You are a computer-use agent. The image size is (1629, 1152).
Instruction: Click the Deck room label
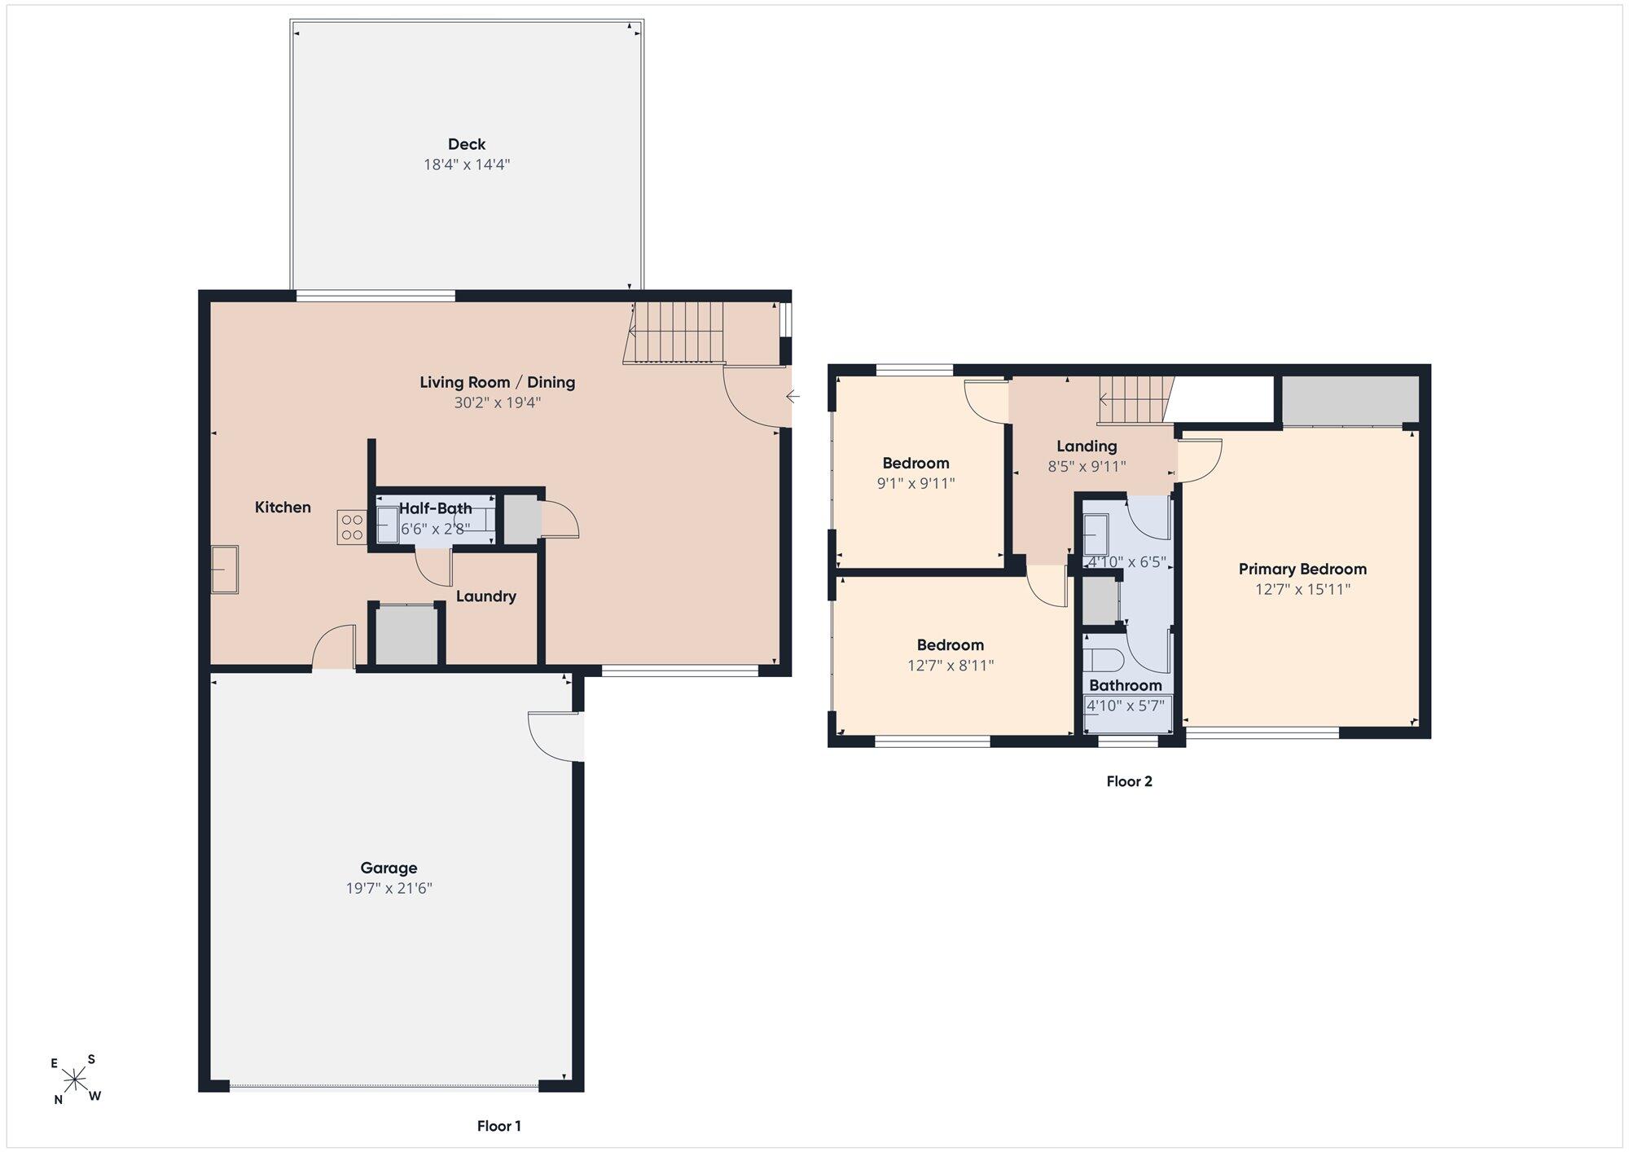[467, 144]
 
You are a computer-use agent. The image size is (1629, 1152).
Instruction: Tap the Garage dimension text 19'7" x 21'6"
[389, 888]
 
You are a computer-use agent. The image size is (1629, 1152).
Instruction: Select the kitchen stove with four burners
[352, 527]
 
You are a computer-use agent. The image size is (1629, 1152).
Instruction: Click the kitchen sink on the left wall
[225, 569]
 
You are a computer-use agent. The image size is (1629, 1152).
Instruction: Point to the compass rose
[75, 1080]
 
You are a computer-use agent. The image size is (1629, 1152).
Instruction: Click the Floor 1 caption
[499, 1126]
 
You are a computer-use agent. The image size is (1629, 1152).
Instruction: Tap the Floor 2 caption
[1129, 781]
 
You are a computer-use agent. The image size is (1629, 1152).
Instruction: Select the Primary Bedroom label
[1302, 569]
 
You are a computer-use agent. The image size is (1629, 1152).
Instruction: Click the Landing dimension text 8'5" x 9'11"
[1087, 467]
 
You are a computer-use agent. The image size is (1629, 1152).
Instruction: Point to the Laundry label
[486, 596]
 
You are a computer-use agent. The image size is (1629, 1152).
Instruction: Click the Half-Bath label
[435, 508]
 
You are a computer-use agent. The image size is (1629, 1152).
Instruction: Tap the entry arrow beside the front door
[793, 397]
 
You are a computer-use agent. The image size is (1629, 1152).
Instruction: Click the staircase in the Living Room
[674, 332]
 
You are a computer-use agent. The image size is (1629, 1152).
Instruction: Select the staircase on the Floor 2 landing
[1135, 400]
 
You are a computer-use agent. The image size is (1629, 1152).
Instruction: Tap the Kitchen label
[283, 508]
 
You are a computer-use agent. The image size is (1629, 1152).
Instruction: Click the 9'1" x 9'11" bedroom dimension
[915, 483]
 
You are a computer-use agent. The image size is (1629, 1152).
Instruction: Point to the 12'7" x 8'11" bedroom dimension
[951, 666]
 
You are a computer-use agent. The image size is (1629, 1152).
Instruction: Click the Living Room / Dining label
[498, 382]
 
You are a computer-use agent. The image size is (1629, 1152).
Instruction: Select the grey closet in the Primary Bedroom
[1350, 400]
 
